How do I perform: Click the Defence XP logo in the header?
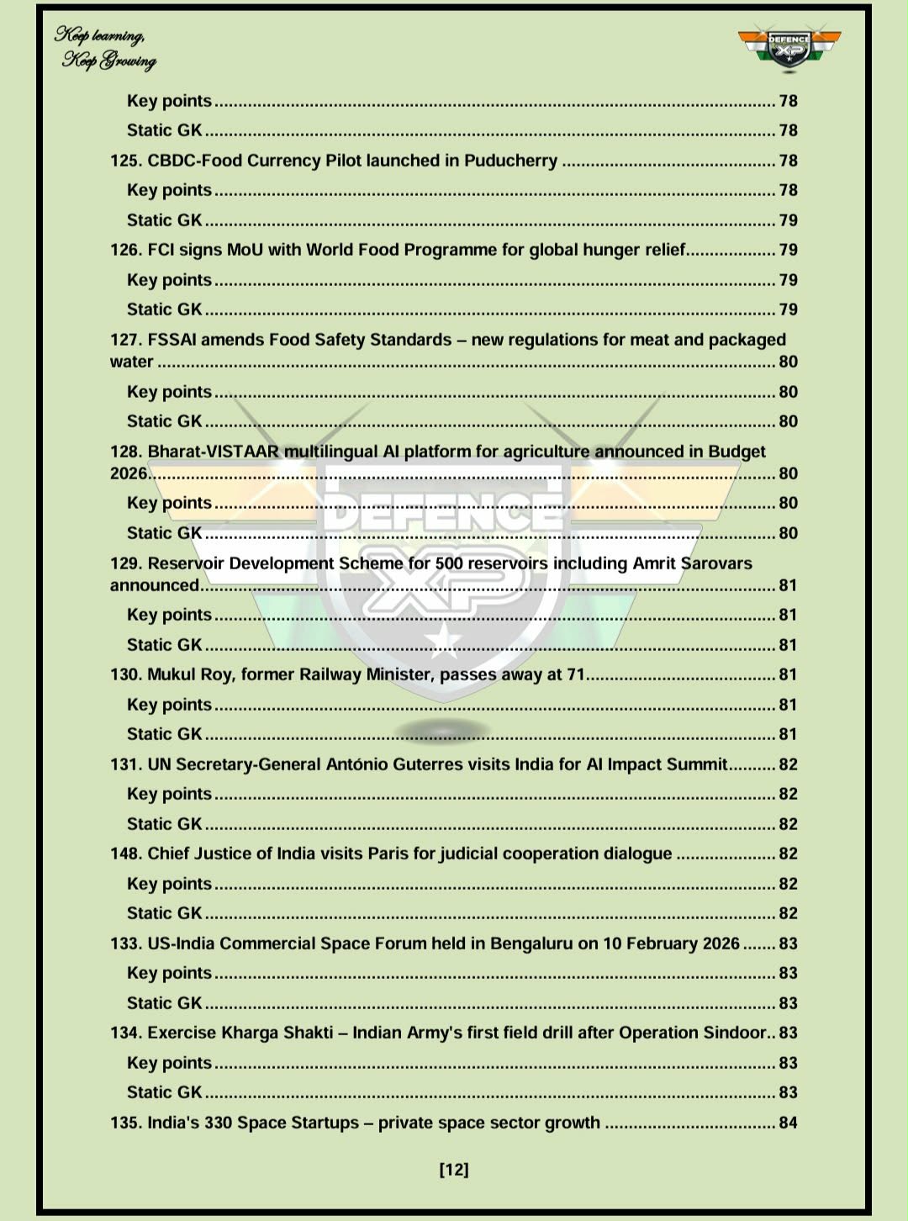coord(789,48)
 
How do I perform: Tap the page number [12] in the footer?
coord(454,1169)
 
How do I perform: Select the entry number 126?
coord(126,250)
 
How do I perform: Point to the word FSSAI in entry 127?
coord(171,340)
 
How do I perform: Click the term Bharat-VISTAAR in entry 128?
coord(213,452)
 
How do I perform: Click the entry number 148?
coord(126,854)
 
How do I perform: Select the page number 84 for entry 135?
coord(788,1123)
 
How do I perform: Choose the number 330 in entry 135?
coord(218,1123)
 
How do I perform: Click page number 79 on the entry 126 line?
coord(788,250)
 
